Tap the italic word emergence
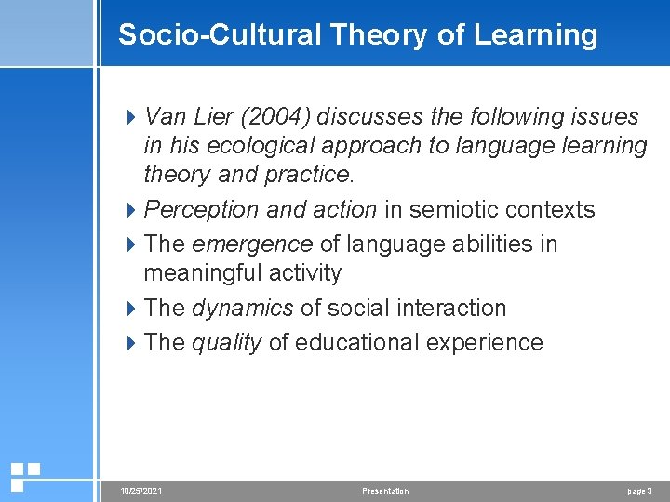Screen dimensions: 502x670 (x=251, y=244)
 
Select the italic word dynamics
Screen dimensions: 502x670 (x=242, y=308)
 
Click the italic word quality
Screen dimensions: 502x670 (x=226, y=342)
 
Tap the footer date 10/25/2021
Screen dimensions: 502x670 (x=141, y=490)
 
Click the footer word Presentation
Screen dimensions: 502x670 (x=384, y=490)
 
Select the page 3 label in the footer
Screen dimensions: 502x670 (x=639, y=490)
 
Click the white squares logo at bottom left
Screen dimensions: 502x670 (x=25, y=476)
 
